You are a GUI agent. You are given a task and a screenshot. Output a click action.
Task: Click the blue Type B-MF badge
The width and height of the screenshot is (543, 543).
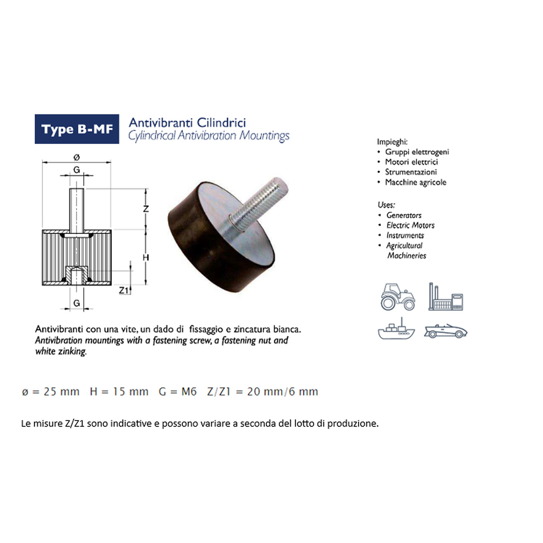pyautogui.click(x=77, y=129)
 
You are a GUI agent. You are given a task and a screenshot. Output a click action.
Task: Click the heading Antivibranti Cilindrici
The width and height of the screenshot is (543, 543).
pyautogui.click(x=187, y=123)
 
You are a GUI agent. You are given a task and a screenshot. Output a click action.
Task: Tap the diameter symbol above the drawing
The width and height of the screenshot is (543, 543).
pyautogui.click(x=77, y=157)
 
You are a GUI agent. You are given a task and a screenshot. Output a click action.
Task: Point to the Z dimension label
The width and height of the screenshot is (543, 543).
pyautogui.click(x=146, y=209)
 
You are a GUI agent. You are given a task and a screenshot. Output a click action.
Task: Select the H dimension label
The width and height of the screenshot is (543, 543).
pyautogui.click(x=146, y=257)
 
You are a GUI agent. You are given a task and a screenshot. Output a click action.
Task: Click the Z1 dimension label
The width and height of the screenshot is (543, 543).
pyautogui.click(x=124, y=290)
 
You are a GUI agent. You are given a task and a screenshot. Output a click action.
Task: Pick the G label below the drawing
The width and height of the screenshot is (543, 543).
pyautogui.click(x=77, y=303)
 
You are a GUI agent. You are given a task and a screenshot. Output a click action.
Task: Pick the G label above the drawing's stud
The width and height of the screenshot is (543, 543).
pyautogui.click(x=77, y=169)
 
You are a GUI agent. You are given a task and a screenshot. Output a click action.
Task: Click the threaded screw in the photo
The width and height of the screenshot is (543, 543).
pyautogui.click(x=258, y=204)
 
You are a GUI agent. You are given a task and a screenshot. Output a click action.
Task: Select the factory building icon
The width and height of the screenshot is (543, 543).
pyautogui.click(x=446, y=296)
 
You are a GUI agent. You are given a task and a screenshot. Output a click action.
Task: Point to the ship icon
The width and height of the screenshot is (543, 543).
pyautogui.click(x=396, y=329)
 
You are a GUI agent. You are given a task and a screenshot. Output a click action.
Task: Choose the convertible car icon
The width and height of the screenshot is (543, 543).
pyautogui.click(x=446, y=331)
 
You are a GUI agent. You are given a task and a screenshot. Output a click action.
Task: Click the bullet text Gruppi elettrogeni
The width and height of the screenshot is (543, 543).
pyautogui.click(x=417, y=152)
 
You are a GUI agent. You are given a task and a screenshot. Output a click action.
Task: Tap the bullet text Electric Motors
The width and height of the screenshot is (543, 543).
pyautogui.click(x=411, y=225)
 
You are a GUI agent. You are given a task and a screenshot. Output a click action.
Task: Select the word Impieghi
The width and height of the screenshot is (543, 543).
pyautogui.click(x=392, y=142)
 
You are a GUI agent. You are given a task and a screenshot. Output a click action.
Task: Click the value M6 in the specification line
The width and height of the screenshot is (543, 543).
pyautogui.click(x=189, y=392)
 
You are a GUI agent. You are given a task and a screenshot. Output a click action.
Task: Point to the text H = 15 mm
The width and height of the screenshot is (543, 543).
pyautogui.click(x=119, y=392)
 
